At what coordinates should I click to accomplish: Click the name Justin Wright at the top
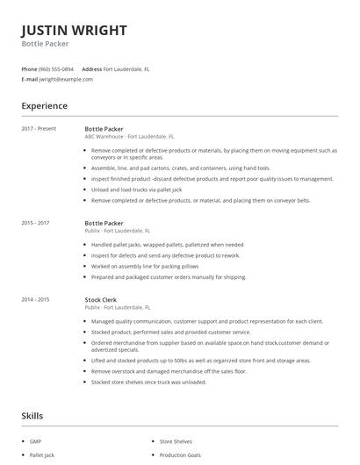pyautogui.click(x=74, y=30)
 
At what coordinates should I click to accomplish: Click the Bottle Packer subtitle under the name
pyautogui.click(x=45, y=44)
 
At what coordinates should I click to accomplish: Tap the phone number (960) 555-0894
pyautogui.click(x=57, y=68)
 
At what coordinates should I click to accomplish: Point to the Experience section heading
pyautogui.click(x=44, y=106)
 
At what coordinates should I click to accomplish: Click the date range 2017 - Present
pyautogui.click(x=39, y=128)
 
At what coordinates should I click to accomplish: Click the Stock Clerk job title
pyautogui.click(x=102, y=299)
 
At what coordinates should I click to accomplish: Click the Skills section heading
pyautogui.click(x=33, y=415)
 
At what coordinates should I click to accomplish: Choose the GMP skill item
pyautogui.click(x=36, y=440)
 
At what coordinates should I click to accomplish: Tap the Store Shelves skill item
pyautogui.click(x=176, y=440)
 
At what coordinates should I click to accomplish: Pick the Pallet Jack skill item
pyautogui.click(x=42, y=456)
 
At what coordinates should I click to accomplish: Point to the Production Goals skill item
pyautogui.click(x=181, y=456)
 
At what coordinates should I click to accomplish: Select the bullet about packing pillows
pyautogui.click(x=144, y=265)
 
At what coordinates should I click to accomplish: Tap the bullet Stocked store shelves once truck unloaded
pyautogui.click(x=148, y=382)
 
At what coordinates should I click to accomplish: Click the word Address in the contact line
pyautogui.click(x=91, y=68)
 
